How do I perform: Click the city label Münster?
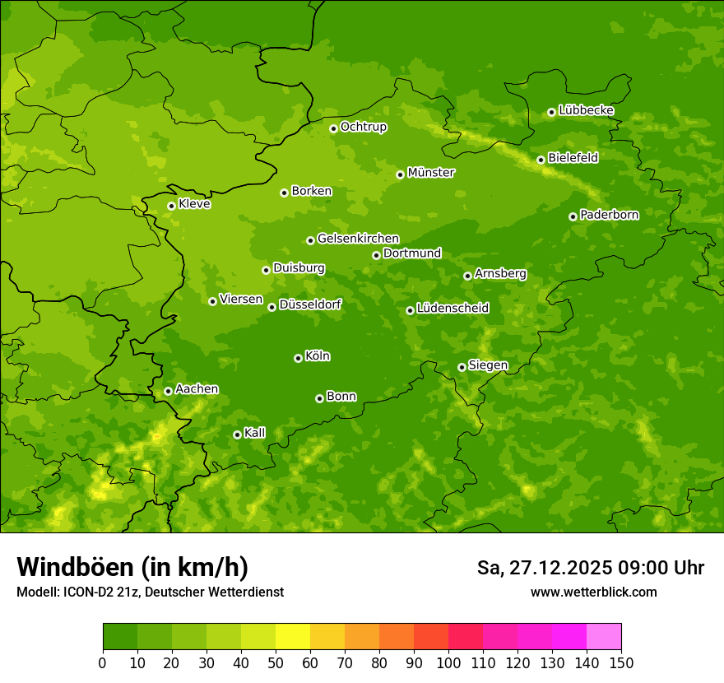tap(430, 173)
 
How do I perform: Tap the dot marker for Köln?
tap(298, 358)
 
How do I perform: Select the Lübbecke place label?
tap(586, 110)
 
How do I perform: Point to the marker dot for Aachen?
tap(168, 391)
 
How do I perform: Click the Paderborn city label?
tap(609, 215)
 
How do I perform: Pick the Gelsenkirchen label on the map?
tap(358, 239)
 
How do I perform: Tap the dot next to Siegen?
tap(462, 367)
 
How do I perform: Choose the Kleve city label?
tap(194, 204)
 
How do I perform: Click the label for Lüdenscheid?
tap(452, 309)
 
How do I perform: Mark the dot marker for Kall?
tap(237, 434)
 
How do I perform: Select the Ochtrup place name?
tap(363, 127)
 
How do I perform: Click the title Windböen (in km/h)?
tap(132, 567)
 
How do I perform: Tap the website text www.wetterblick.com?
tap(593, 592)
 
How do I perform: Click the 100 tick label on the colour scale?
tap(448, 662)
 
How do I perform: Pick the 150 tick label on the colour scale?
tap(621, 662)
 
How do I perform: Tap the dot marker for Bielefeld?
tap(541, 160)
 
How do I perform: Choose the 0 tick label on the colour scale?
tap(103, 662)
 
